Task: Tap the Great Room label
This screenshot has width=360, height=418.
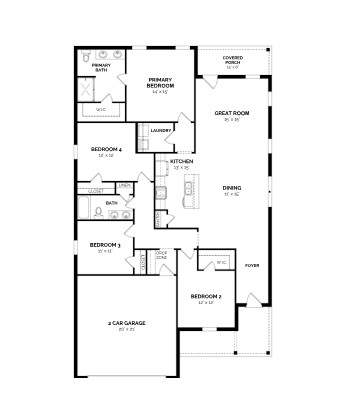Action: coord(230,114)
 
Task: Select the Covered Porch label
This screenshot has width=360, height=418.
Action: coord(232,59)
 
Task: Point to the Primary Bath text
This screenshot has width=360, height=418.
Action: coord(102,68)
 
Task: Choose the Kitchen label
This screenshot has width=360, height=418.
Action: coord(181,161)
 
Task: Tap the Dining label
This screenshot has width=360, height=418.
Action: coord(232,188)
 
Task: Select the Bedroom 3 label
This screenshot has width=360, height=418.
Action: coord(105,245)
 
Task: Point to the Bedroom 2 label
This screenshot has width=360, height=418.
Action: coord(205,298)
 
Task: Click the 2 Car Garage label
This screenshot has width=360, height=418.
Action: coord(127,324)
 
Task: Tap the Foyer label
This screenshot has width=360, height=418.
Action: coord(251,264)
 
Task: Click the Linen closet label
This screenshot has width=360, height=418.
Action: coord(124,186)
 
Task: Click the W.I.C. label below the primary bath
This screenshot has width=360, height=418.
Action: coord(100,109)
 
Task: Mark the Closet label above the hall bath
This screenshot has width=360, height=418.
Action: coord(96,190)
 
